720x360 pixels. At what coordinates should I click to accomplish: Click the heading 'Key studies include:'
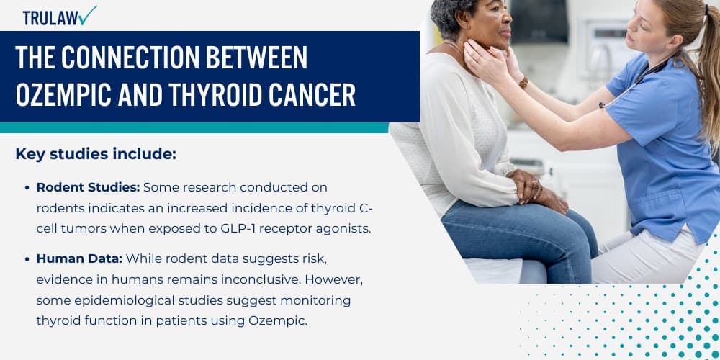(x=96, y=154)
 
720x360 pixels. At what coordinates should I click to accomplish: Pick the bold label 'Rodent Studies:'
(x=88, y=187)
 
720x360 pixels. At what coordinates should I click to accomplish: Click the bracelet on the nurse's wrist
(x=523, y=82)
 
